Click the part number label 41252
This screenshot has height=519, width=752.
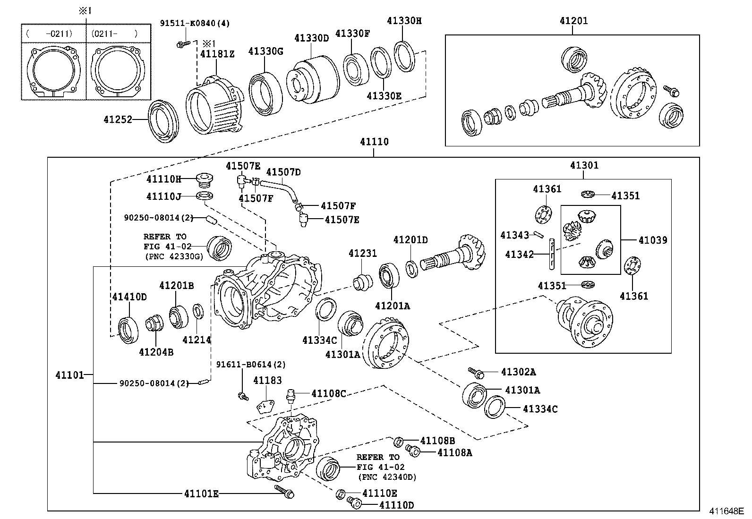coord(118,120)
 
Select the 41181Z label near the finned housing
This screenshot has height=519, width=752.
coord(217,54)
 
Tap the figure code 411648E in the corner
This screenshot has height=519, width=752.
coord(726,511)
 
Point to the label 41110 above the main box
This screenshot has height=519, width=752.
coord(374,142)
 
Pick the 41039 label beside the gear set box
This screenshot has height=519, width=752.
coord(653,240)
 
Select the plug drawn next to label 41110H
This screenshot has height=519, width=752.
coord(205,179)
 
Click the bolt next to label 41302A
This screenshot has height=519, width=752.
coord(476,373)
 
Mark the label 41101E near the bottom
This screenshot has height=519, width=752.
coord(201,494)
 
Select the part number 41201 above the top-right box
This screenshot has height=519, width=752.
coord(573,21)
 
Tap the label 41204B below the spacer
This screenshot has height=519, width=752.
coord(156,352)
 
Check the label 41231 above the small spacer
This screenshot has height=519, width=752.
coord(363,254)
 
